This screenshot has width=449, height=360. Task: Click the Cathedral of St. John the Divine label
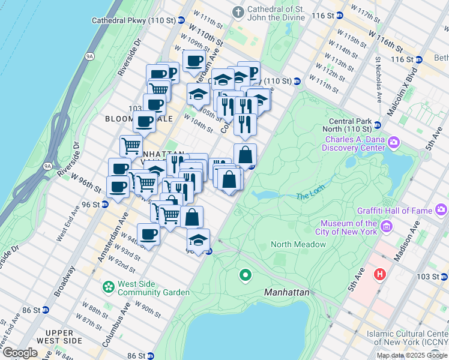pyautogui.click(x=277, y=14)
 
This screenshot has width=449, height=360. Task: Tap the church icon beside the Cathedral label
pyautogui.click(x=239, y=12)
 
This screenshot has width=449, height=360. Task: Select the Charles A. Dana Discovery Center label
pyautogui.click(x=354, y=143)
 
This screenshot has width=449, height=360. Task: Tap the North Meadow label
pyautogui.click(x=298, y=244)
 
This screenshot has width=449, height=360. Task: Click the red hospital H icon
pyautogui.click(x=379, y=275)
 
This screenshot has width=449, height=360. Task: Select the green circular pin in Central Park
pyautogui.click(x=245, y=276)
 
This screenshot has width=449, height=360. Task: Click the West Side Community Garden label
pyautogui.click(x=154, y=288)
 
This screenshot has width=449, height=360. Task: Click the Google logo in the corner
pyautogui.click(x=19, y=353)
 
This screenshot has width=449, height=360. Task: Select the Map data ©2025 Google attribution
pyautogui.click(x=412, y=355)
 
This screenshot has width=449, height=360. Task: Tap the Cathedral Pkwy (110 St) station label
pyautogui.click(x=133, y=20)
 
